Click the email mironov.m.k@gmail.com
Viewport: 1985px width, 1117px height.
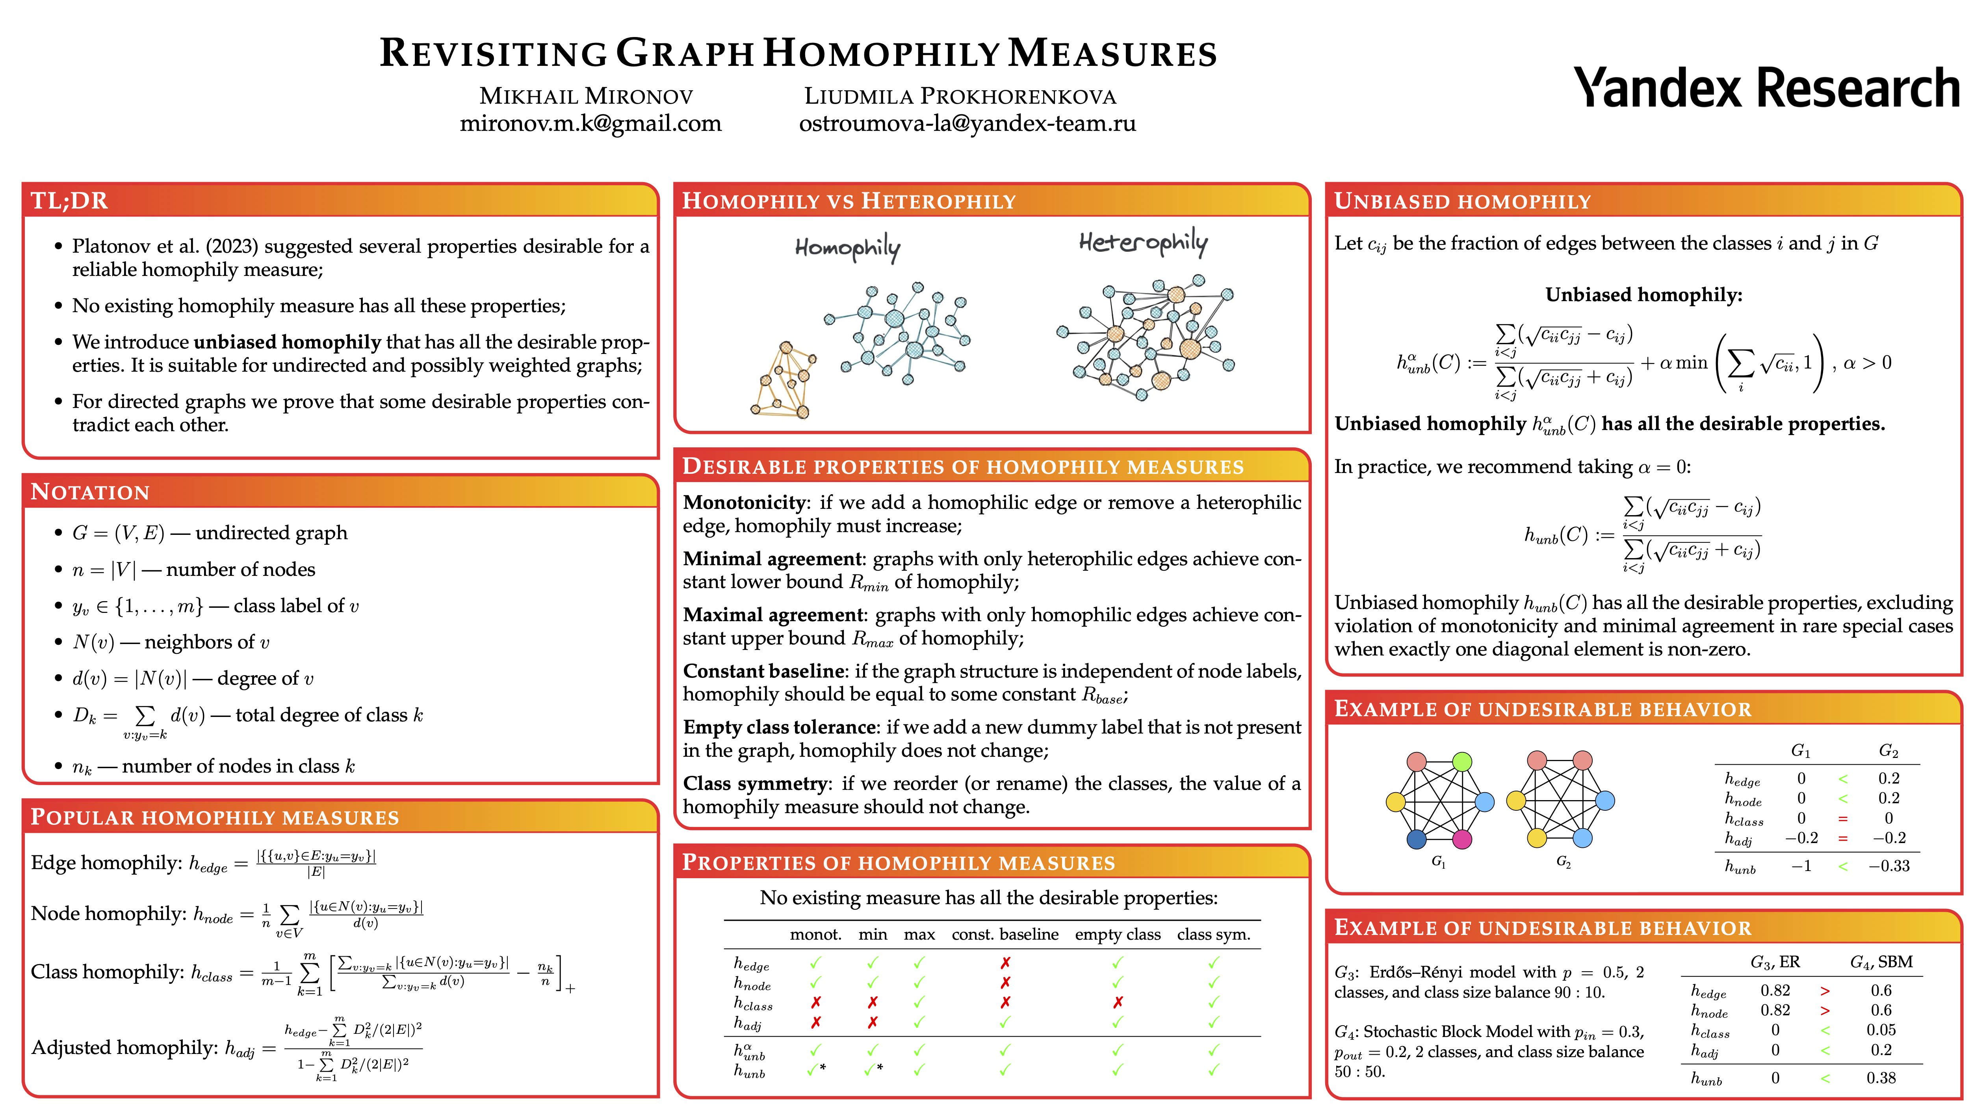coord(590,123)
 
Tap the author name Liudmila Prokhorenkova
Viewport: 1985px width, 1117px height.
coord(960,96)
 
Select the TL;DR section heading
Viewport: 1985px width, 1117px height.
coord(69,201)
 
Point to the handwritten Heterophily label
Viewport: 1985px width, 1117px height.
coord(1143,243)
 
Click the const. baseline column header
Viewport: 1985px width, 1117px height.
coord(1005,934)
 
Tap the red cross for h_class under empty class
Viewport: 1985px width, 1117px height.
coord(1117,1002)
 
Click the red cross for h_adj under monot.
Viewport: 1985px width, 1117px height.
coord(815,1022)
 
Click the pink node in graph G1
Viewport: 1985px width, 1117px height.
coord(1462,839)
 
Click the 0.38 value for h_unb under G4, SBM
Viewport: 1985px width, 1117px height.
coord(1881,1078)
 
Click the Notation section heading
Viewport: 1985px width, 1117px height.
coord(90,492)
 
